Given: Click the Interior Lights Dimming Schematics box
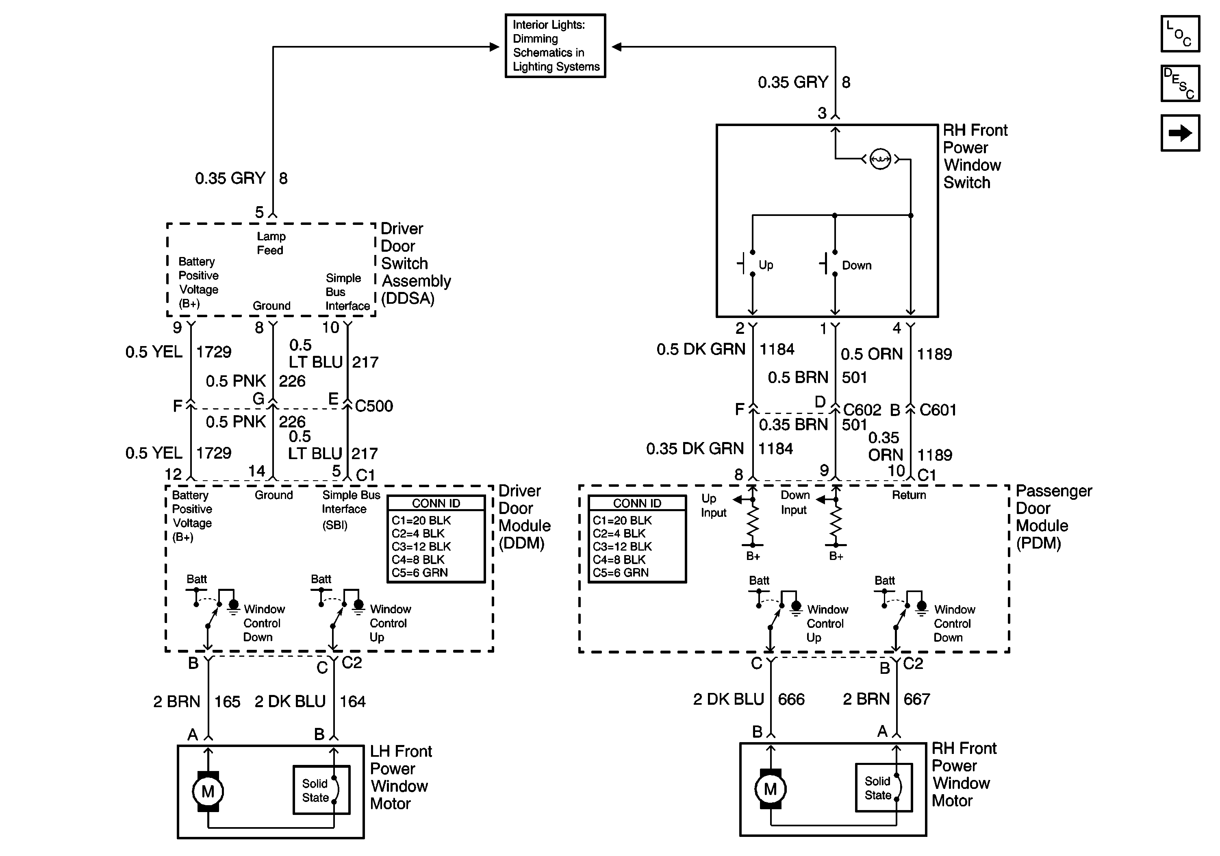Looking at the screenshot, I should click(555, 46).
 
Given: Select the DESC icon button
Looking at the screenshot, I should click(1180, 83).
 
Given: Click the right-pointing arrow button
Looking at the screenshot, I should click(1180, 133).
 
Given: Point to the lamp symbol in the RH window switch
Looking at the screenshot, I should click(880, 159).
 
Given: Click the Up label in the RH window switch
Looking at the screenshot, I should click(766, 265).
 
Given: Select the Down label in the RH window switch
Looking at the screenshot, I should click(857, 265).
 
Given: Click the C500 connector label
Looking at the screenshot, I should click(374, 406).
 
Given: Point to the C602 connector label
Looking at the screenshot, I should click(862, 410).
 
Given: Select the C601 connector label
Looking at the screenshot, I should click(938, 410).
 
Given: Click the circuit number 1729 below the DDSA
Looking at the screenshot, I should click(214, 352).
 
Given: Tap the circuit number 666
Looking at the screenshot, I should click(791, 699).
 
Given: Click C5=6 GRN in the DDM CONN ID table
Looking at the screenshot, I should click(420, 573).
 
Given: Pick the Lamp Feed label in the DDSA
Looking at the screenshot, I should click(271, 244).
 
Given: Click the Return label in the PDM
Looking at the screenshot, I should click(909, 495).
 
